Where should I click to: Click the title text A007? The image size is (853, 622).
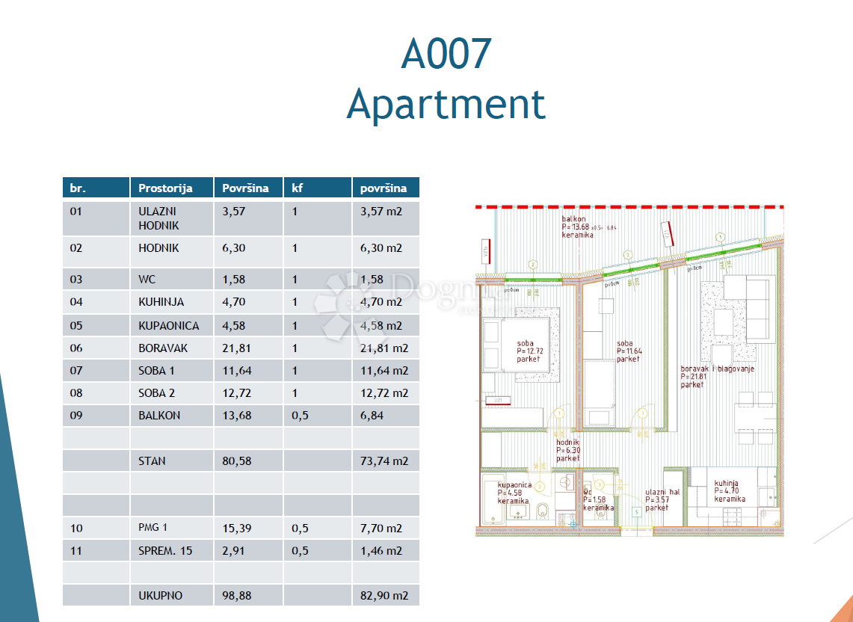446,54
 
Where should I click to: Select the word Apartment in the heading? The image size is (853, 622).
446,104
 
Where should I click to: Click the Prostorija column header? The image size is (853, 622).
165,188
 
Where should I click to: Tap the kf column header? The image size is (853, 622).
297,188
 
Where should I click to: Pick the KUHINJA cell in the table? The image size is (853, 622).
161,302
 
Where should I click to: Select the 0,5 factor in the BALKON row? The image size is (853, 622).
300,415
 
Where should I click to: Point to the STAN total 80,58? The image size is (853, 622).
237,461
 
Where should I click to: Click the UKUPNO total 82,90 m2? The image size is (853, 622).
384,596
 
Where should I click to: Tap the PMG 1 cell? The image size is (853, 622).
153,528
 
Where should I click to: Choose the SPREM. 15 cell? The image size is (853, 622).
165,550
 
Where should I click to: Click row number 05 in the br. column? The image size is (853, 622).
76,325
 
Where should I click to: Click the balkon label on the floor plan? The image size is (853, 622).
574,219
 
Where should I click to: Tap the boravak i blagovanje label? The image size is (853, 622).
717,369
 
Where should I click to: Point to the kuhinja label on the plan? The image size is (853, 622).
727,484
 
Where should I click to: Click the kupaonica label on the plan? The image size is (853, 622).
514,484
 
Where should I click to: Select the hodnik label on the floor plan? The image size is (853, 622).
567,442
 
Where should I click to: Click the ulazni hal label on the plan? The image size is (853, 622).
662,492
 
